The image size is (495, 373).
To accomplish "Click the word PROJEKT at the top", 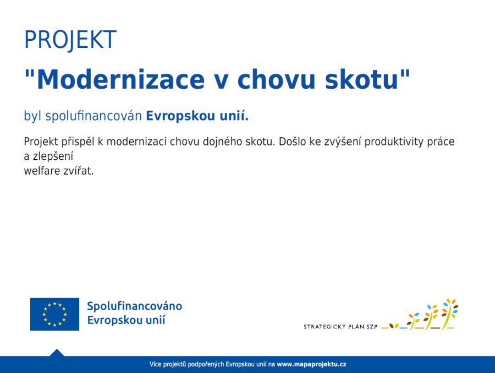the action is coord(70,40).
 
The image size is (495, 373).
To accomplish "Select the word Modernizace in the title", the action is coord(121,79).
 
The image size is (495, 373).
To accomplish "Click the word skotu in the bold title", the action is coord(362,79).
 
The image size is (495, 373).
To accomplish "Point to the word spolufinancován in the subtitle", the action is coord(94,116).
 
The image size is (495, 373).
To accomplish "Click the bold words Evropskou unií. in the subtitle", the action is coord(197,116).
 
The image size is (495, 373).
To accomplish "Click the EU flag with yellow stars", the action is coord(54,314).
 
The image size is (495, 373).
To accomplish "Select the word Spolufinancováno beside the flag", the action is coord(135,306).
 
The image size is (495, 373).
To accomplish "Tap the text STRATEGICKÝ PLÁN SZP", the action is coord(340,327).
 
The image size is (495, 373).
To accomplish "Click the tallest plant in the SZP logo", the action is coord(450,313).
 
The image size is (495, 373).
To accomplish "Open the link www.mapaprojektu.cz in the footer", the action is coord(311,364).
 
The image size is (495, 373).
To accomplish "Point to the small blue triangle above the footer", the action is coord(57,353).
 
